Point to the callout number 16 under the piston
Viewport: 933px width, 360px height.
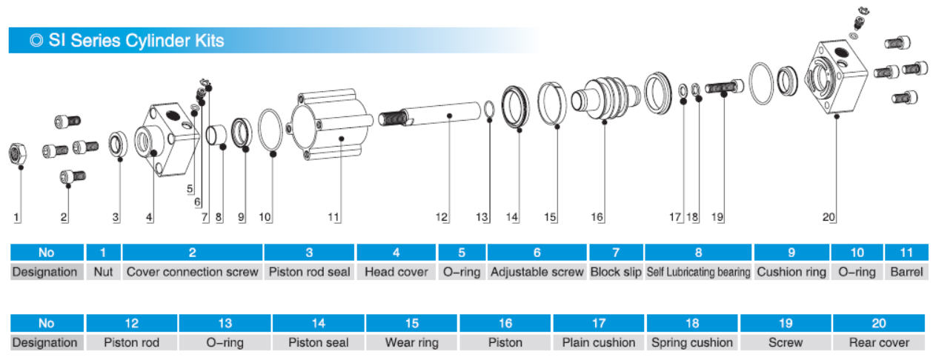point(597,217)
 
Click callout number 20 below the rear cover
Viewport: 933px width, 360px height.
point(829,217)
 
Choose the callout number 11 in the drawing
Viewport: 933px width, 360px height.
point(333,217)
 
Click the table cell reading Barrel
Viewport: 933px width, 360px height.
point(906,272)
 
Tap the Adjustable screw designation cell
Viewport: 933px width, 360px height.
point(537,272)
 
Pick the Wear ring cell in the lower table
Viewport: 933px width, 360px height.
point(411,342)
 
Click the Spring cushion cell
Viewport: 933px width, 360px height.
point(691,342)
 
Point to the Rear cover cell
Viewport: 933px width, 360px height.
point(879,342)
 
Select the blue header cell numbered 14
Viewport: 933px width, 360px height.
point(319,323)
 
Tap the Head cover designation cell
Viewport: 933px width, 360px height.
point(396,272)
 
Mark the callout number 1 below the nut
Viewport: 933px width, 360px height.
point(16,217)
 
